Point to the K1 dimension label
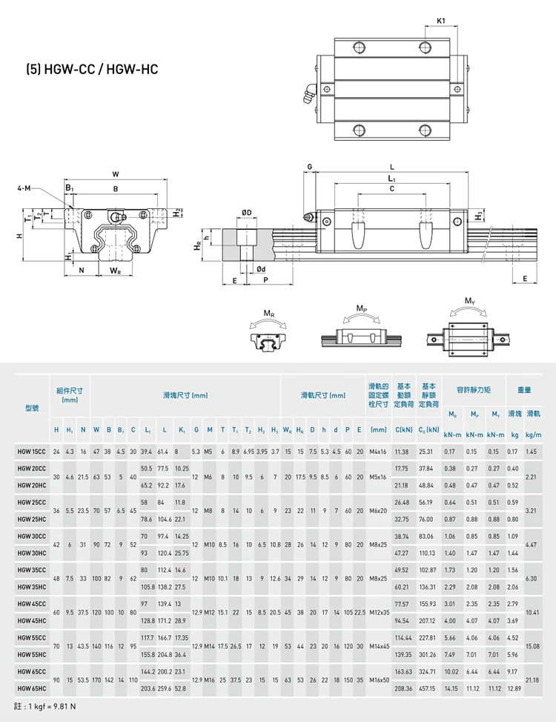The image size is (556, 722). [x=442, y=21]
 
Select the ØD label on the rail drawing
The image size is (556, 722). [x=247, y=213]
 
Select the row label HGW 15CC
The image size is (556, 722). [x=32, y=451]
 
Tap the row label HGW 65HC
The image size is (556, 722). [x=32, y=689]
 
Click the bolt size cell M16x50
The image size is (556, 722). [x=379, y=680]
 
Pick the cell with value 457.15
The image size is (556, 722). [x=428, y=689]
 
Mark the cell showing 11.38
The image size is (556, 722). [x=403, y=451]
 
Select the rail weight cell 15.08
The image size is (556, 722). [x=531, y=646]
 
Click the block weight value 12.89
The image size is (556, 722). [x=513, y=689]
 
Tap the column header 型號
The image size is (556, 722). [x=32, y=407]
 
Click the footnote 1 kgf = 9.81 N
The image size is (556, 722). [x=45, y=706]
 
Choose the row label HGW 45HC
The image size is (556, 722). [x=32, y=620]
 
